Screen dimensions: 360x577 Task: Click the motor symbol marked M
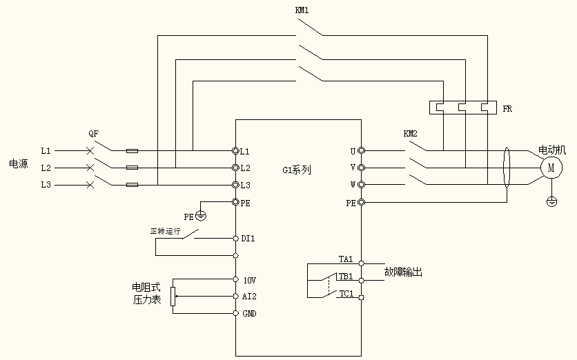coord(551,168)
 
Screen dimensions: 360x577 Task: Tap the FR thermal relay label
coord(507,109)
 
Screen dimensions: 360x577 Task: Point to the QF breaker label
coord(94,133)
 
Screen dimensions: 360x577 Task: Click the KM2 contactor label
coord(411,132)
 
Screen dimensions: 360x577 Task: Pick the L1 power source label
coord(46,150)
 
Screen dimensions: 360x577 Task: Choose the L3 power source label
coord(46,185)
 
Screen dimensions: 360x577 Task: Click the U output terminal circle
coord(360,150)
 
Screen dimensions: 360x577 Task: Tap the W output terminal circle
coord(360,185)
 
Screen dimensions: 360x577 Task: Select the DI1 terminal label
coord(248,239)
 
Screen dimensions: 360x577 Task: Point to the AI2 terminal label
coord(249,297)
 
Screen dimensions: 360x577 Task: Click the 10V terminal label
coord(249,280)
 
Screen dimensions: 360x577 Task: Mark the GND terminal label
coord(249,313)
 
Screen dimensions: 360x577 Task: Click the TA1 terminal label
coord(345,260)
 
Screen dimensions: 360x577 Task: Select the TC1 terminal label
coord(345,294)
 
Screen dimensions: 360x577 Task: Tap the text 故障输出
coord(403,272)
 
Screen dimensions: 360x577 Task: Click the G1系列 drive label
coord(297,170)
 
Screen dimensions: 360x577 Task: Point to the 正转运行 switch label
coord(165,231)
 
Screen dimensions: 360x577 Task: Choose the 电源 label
coord(18,164)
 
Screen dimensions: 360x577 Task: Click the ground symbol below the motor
coord(551,201)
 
